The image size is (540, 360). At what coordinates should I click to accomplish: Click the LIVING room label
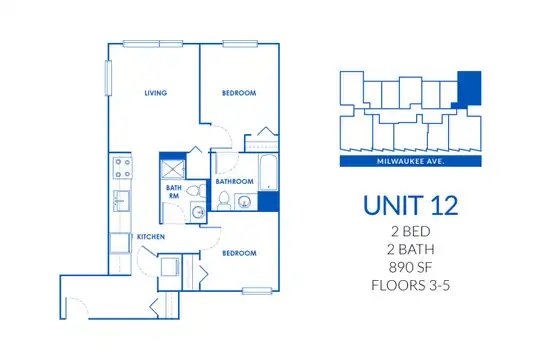pyautogui.click(x=156, y=93)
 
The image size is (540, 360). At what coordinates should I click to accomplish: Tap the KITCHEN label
pyautogui.click(x=151, y=237)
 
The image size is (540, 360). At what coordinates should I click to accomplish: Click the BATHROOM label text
pyautogui.click(x=235, y=182)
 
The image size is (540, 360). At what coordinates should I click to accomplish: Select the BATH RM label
pyautogui.click(x=174, y=192)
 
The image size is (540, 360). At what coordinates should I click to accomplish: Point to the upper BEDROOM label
pyautogui.click(x=239, y=93)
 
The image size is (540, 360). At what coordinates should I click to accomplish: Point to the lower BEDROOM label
pyautogui.click(x=239, y=254)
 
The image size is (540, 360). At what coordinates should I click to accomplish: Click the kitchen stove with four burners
pyautogui.click(x=123, y=167)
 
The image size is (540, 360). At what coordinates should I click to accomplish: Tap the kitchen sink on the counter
pyautogui.click(x=121, y=200)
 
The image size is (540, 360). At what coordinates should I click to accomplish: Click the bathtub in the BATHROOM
pyautogui.click(x=268, y=172)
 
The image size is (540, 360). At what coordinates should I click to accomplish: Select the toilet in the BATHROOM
pyautogui.click(x=224, y=200)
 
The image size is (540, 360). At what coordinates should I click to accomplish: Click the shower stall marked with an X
pyautogui.click(x=173, y=169)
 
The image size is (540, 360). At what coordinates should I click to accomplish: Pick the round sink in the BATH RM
pyautogui.click(x=198, y=212)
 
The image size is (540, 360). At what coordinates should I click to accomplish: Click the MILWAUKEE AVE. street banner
pyautogui.click(x=411, y=161)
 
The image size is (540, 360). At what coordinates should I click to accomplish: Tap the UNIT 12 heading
pyautogui.click(x=411, y=206)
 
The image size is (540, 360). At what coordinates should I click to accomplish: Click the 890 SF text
pyautogui.click(x=411, y=267)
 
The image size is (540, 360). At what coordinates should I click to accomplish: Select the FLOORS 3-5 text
pyautogui.click(x=411, y=286)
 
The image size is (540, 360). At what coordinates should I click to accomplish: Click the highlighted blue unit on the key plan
pyautogui.click(x=469, y=88)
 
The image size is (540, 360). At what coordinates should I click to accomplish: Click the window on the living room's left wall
pyautogui.click(x=108, y=78)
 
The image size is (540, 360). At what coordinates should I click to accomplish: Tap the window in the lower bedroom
pyautogui.click(x=257, y=291)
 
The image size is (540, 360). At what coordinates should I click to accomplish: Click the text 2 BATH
pyautogui.click(x=411, y=249)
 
